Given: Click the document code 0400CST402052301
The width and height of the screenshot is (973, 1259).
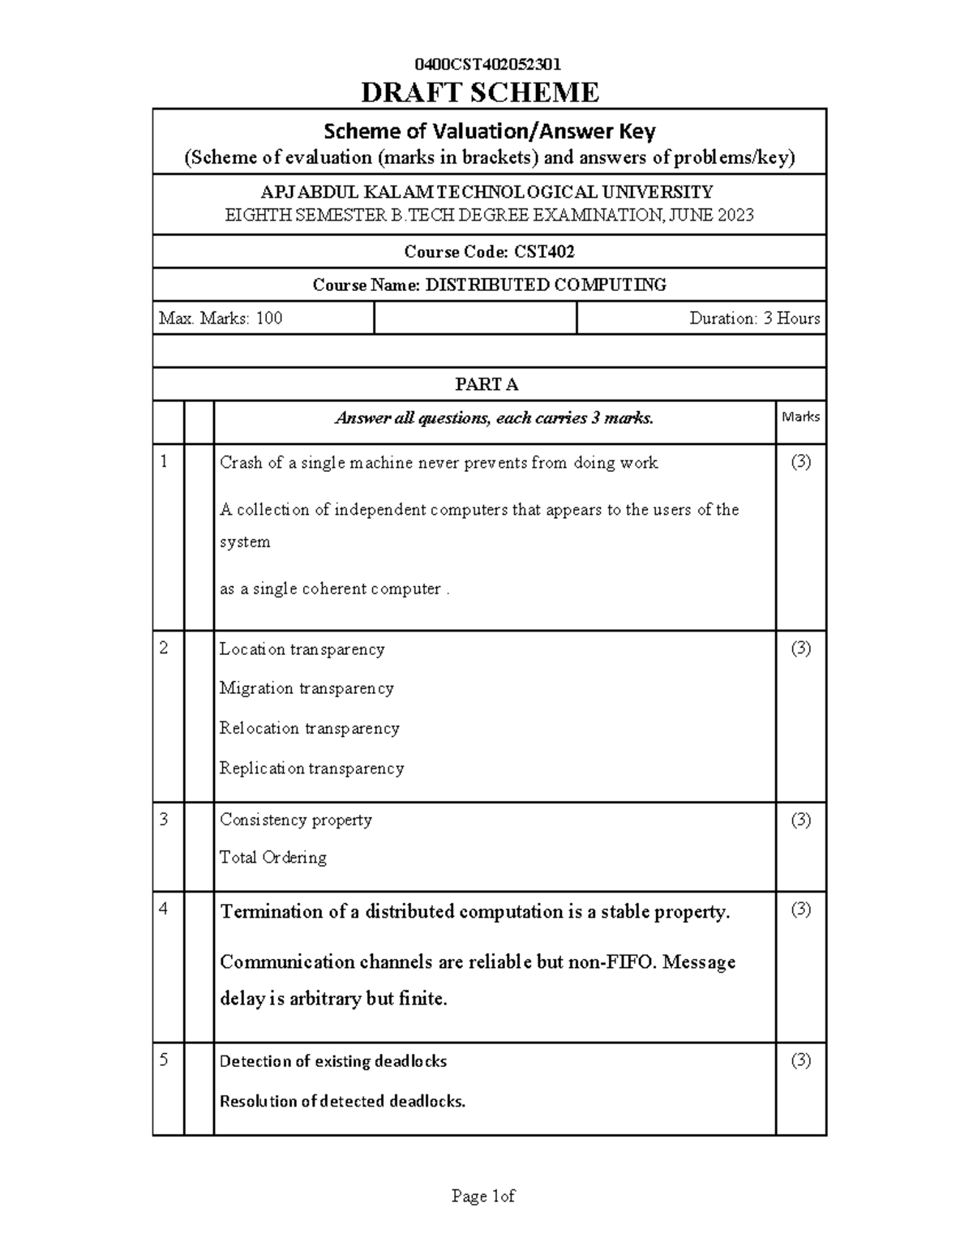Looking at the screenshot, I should (487, 65).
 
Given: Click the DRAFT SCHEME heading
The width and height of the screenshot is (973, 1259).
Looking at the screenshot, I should (480, 93).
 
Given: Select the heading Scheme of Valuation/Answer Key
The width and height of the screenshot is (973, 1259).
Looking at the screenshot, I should (489, 131).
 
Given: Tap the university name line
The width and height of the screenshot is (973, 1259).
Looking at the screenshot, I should (486, 192).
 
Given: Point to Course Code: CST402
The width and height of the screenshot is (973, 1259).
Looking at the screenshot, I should (489, 252).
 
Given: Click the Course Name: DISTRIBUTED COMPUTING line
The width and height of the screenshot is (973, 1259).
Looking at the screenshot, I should (489, 285).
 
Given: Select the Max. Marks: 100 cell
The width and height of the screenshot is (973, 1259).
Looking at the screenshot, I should (221, 319).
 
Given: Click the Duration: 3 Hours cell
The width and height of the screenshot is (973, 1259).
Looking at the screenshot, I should (754, 319).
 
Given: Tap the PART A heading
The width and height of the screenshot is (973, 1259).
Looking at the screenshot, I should (486, 384).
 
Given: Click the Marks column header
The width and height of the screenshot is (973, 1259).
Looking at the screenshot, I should (800, 417).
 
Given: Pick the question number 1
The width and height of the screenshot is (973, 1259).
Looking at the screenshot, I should (165, 462).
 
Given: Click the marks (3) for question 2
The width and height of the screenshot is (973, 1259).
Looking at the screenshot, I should (800, 649).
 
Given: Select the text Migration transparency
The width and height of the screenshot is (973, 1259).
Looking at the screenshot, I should (306, 688).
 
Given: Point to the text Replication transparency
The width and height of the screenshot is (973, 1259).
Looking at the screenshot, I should (311, 769).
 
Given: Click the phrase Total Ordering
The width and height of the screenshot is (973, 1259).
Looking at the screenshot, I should (273, 858).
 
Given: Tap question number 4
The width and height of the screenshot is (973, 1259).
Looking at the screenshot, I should (165, 910).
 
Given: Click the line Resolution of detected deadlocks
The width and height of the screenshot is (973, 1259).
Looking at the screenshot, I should (342, 1102).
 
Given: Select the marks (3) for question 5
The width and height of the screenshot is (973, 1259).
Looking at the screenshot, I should (800, 1061).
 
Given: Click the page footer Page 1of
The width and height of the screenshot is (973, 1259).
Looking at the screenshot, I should (483, 1197).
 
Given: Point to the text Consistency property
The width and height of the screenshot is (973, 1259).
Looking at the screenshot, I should (296, 820).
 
